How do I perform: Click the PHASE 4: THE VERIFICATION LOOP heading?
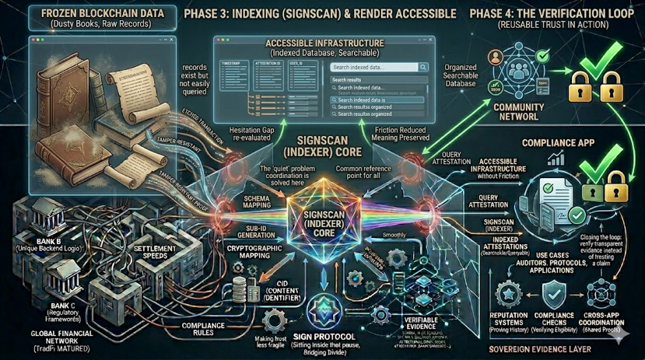pos(557,13)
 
